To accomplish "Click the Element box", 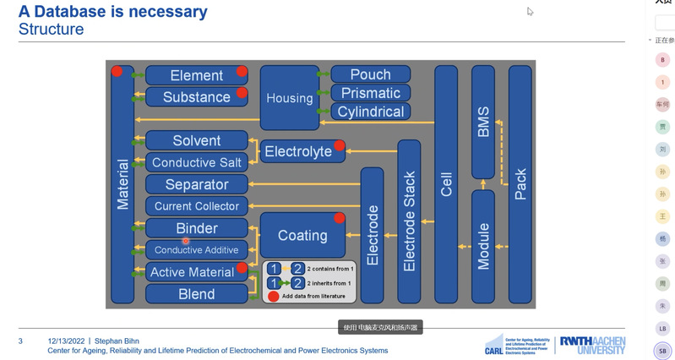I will (196, 75).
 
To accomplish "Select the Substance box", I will (196, 97).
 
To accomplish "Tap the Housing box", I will (289, 98).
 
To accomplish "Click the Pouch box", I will (371, 74).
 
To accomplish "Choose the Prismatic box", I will (371, 93).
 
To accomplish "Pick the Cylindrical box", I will (371, 112).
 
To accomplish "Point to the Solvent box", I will (196, 141).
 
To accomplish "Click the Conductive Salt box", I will (196, 162).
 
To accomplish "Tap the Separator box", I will (196, 184).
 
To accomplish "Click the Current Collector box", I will (196, 206).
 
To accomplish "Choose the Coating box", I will (302, 236).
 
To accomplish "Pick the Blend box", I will (196, 294).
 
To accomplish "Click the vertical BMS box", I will (483, 122).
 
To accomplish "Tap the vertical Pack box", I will (520, 183).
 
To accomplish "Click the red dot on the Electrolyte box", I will (340, 145).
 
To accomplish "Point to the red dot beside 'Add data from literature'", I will (274, 296).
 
